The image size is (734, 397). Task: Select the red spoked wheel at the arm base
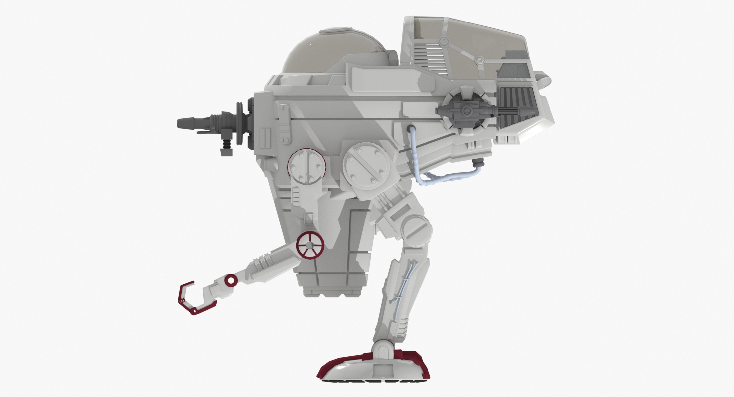tap(310, 245)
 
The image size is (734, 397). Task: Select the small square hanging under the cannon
tap(225, 152)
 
